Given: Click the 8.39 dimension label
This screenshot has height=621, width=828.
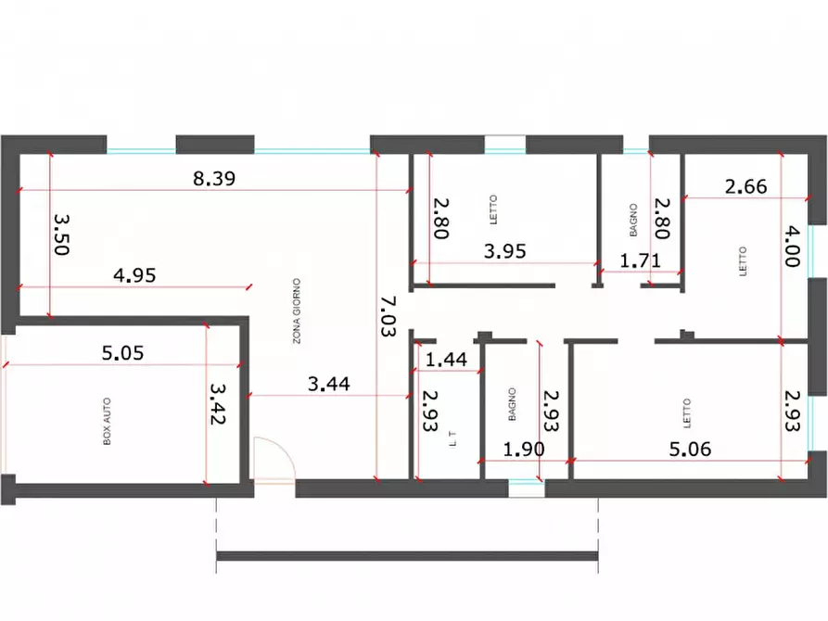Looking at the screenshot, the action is point(214,179).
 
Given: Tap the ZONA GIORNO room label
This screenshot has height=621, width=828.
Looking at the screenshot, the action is point(297,311).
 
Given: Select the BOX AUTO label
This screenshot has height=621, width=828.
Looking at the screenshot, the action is point(108,422).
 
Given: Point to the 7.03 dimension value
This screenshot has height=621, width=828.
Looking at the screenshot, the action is point(389,316).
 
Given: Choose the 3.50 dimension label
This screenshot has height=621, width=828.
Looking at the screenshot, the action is point(62,234).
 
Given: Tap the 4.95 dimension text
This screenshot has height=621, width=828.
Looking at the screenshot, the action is point(134,275).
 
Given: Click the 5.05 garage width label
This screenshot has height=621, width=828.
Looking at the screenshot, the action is point(122,353).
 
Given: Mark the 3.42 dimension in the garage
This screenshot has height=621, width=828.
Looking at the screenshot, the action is point(218,404).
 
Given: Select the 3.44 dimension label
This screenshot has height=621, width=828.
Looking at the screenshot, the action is point(328,384).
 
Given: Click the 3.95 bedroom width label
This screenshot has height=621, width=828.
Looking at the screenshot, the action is point(504,251).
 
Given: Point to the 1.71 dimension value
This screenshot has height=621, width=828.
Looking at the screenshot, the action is point(640,260).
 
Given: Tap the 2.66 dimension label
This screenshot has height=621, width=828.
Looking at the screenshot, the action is point(745,186).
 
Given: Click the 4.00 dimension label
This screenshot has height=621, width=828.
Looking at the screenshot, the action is point(792,246).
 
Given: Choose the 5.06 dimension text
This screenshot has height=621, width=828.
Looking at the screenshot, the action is point(690,450).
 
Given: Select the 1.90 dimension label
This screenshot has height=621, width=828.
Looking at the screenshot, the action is point(523,450).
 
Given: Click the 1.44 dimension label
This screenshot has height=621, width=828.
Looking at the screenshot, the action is point(446,360).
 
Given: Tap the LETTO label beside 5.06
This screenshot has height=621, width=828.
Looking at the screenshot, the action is point(687,413).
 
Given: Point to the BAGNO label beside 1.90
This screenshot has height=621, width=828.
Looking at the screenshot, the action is point(512,404).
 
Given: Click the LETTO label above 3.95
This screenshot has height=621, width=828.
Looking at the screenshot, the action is point(493,209).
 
